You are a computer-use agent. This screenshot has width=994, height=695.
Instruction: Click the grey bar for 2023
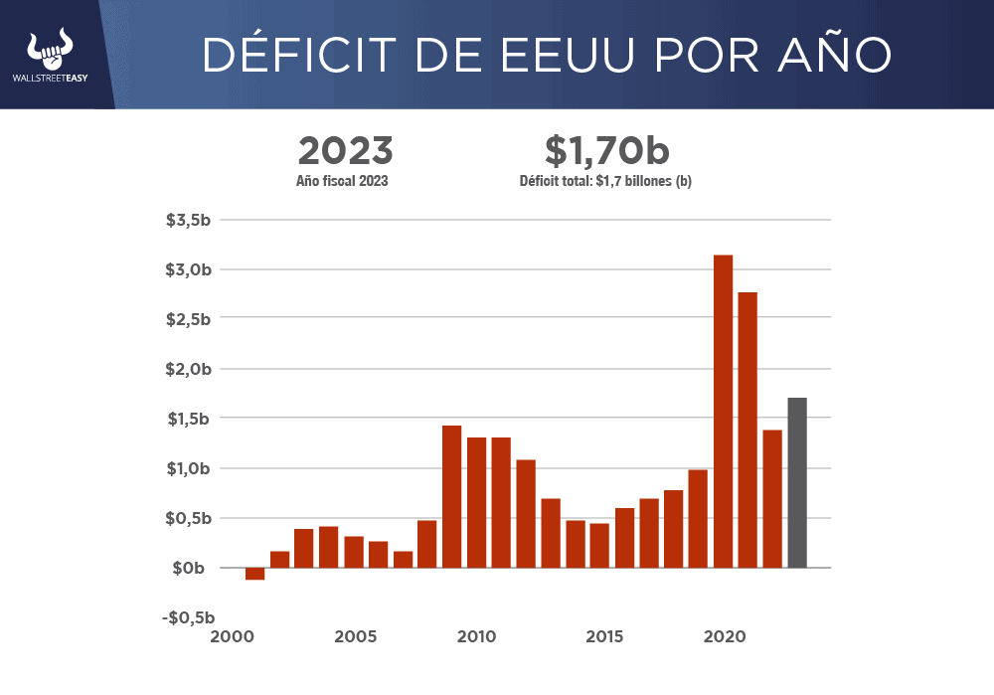point(797,483)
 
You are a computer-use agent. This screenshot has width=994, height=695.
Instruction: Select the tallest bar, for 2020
point(724,412)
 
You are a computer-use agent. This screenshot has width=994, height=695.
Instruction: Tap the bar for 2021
point(747,430)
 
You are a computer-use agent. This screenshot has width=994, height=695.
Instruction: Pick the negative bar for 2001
point(255,574)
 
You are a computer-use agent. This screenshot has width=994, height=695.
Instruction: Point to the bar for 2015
point(599,545)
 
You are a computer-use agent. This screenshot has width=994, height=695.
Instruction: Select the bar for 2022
point(772,499)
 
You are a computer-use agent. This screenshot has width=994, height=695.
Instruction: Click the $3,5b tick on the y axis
point(188,220)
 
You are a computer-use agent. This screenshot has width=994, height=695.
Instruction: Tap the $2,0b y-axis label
point(188,369)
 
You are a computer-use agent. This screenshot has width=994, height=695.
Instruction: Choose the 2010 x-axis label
point(477,636)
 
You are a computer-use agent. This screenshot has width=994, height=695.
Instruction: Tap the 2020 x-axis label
point(723,636)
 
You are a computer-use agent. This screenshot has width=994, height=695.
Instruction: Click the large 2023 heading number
point(346,151)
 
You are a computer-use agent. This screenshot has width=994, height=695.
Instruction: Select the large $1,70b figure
point(606,151)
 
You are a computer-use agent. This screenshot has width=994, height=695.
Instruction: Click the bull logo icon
point(53,47)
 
